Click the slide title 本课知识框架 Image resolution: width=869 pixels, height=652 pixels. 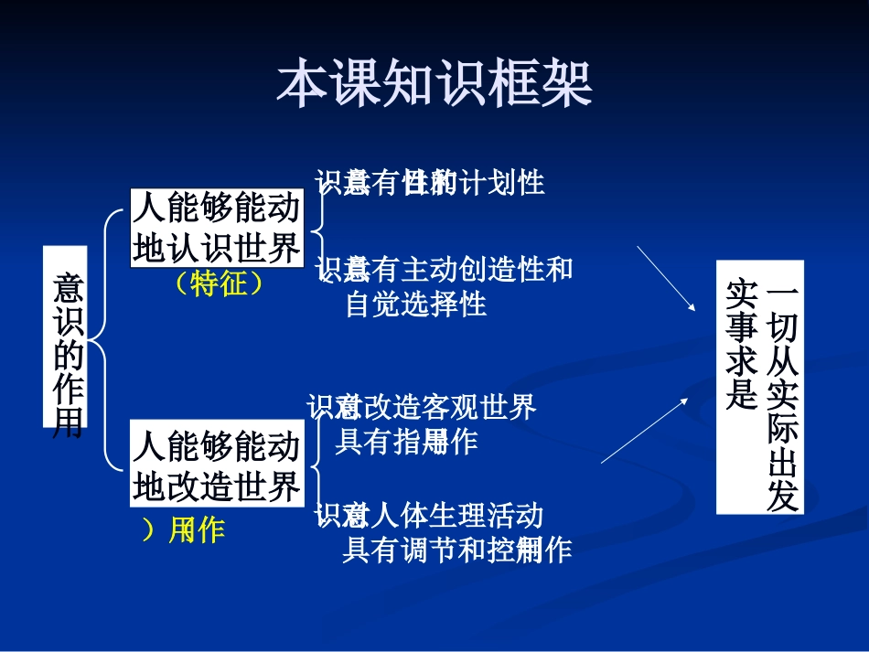pos(434,84)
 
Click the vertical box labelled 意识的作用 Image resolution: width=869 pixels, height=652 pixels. pos(66,337)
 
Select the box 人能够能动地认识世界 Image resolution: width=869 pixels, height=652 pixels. pos(216,228)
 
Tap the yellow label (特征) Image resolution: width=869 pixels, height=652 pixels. pos(219,284)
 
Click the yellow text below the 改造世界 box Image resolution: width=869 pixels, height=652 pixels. pos(184,530)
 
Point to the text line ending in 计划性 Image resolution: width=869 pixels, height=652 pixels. pos(430,184)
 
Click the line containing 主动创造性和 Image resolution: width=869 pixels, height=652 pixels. pos(445,270)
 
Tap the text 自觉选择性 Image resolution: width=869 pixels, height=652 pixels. pos(415,304)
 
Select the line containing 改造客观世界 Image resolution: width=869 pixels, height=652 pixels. pos(422,408)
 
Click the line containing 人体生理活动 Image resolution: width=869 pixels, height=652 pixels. pos(429,516)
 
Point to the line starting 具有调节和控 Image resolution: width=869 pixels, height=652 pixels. pos(456,550)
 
